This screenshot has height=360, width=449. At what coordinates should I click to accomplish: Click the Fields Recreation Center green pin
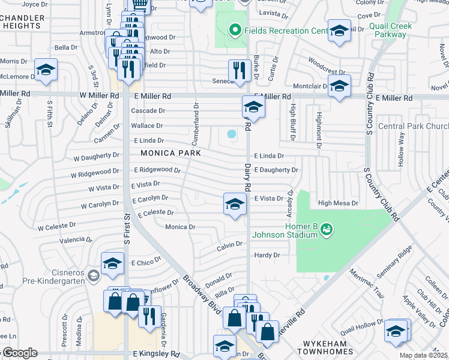tap(235, 29)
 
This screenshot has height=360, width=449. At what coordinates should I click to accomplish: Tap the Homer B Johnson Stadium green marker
tap(325, 229)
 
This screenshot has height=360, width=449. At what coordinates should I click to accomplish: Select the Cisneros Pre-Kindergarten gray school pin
tap(93, 275)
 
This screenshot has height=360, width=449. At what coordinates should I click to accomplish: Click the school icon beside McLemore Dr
tap(46, 71)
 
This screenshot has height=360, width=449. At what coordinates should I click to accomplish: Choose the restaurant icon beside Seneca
tap(240, 70)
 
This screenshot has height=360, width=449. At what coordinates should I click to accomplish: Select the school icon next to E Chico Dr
tap(112, 264)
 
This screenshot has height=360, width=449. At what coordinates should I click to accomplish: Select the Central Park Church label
tap(413, 126)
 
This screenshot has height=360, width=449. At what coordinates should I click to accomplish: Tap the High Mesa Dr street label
tap(337, 203)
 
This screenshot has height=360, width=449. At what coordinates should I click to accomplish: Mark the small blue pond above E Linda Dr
tap(231, 134)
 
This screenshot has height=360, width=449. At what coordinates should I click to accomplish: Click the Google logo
tap(19, 353)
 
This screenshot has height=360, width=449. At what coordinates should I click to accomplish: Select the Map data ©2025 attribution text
tap(424, 355)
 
